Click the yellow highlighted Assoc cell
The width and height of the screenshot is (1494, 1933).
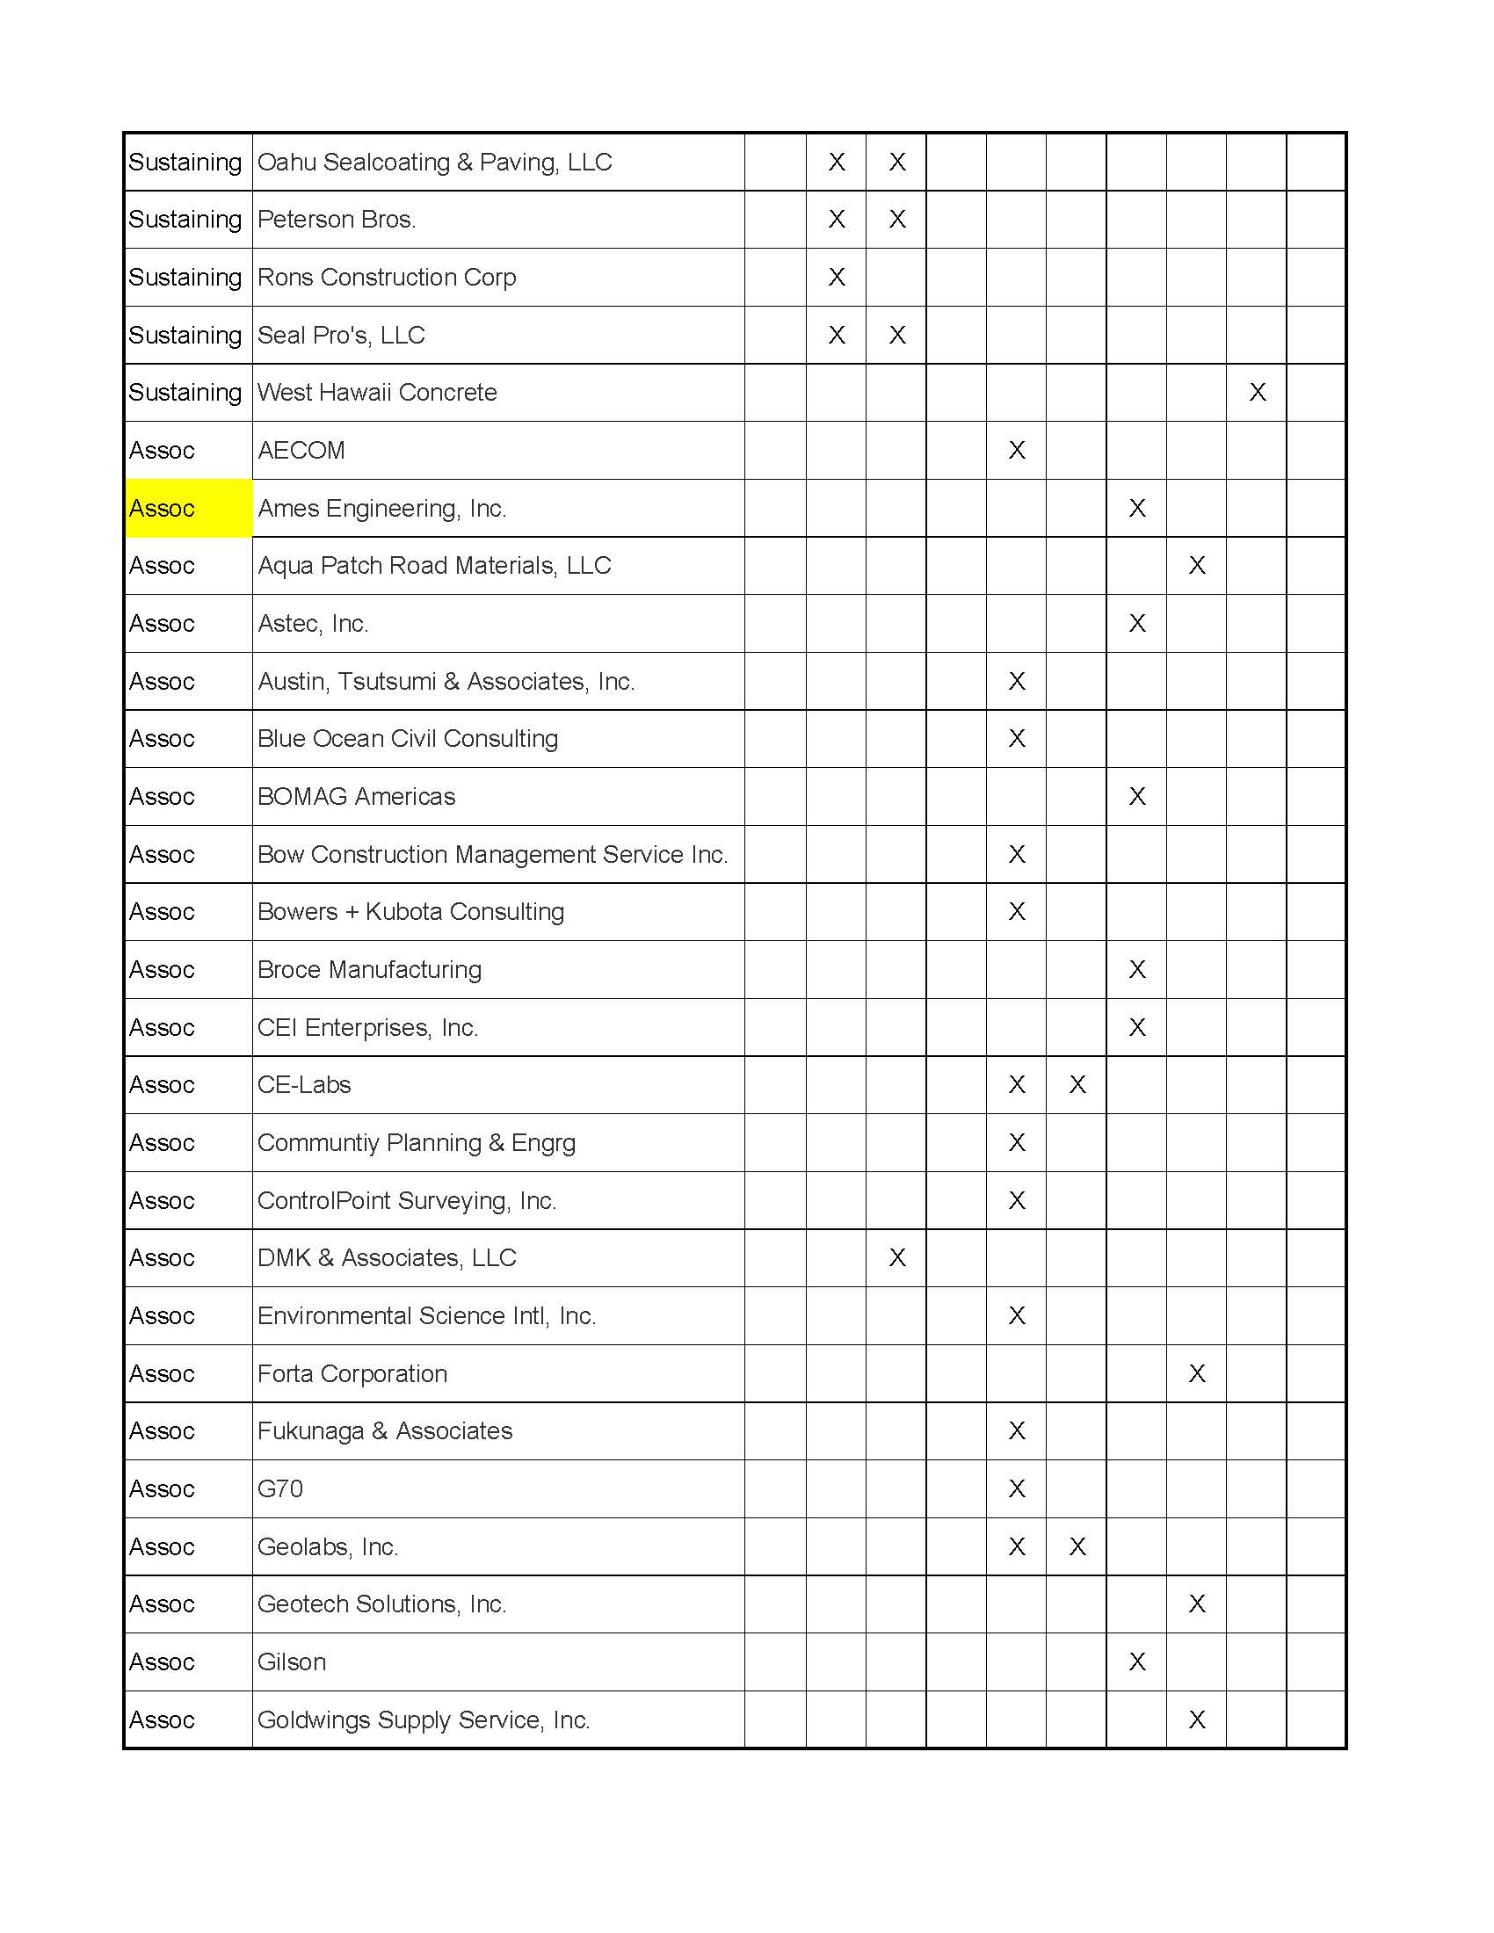188,508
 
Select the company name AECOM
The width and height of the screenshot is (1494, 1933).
301,451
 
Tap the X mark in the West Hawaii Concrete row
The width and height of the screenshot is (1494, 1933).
1257,392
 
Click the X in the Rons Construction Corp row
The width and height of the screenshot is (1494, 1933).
837,277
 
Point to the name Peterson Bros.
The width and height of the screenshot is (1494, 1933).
337,220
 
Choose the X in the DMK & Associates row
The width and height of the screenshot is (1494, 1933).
896,1257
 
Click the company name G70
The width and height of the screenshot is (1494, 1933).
279,1488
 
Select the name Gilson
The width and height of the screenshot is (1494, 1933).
291,1662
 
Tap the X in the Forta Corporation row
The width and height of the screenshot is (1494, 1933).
1197,1373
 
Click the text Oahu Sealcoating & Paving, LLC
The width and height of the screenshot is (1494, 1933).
434,162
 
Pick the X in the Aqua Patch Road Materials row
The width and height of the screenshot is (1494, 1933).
1197,566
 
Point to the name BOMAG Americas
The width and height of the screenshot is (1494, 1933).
356,797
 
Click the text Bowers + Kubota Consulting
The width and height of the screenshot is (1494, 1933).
410,912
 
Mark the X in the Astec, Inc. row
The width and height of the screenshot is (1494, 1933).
1137,623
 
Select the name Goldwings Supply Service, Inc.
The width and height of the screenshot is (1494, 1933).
423,1719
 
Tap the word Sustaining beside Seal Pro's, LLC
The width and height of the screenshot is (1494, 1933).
185,336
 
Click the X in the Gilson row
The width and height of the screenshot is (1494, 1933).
1137,1662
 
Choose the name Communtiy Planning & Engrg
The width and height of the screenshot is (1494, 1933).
416,1142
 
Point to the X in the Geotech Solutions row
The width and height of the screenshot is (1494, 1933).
1197,1604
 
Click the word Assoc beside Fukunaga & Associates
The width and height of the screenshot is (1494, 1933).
162,1431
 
